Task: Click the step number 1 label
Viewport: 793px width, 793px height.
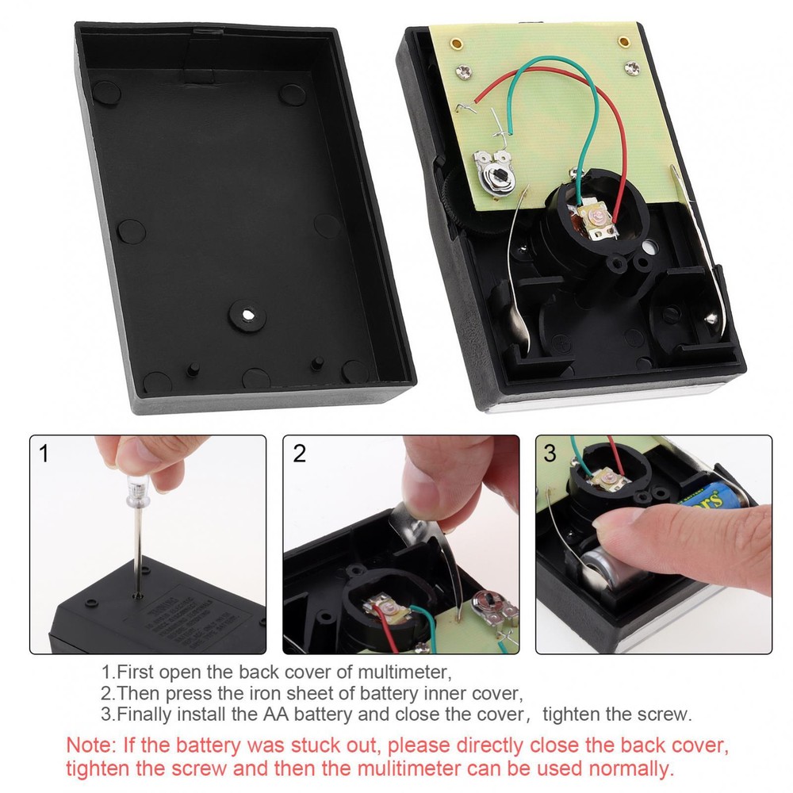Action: [44, 454]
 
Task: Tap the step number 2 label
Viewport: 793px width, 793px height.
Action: [299, 454]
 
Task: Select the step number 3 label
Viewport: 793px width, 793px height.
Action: [550, 454]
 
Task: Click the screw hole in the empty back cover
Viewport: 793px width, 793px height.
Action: [248, 315]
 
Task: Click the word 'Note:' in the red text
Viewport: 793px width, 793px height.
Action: [89, 746]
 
